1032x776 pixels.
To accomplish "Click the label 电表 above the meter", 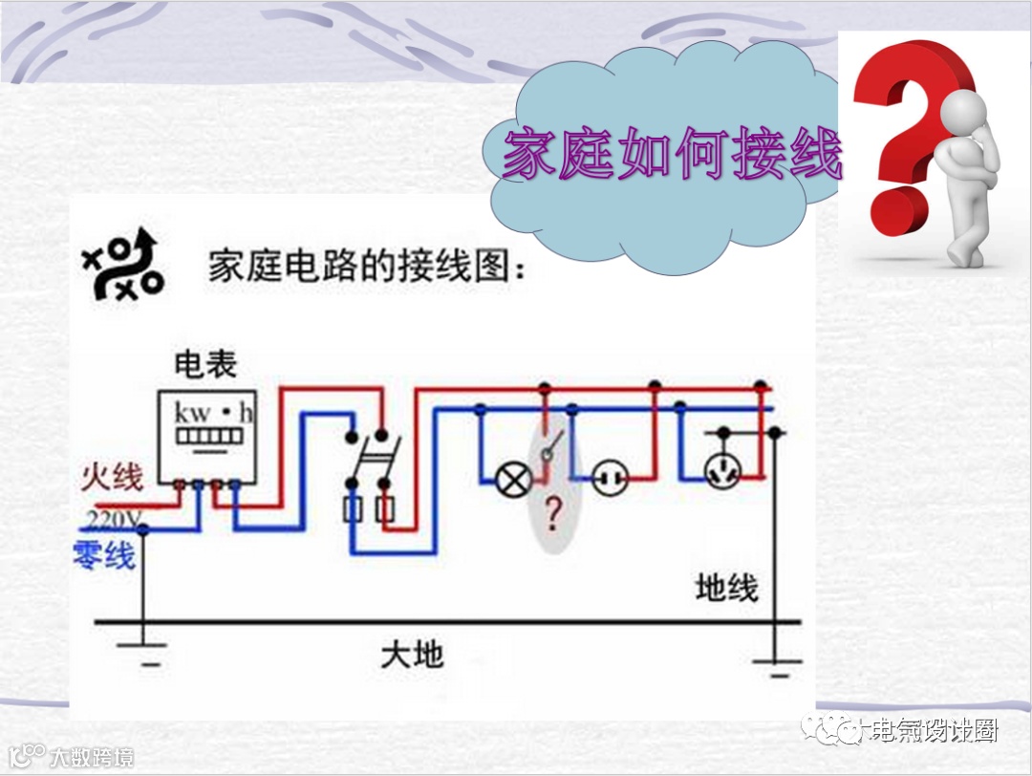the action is point(204,364).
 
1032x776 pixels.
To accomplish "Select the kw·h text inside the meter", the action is point(213,414).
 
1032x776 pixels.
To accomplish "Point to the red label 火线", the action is point(112,475).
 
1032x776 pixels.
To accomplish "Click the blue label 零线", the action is point(104,554).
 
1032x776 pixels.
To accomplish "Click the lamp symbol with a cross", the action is point(515,478).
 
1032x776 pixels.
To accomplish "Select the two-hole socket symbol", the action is point(608,478).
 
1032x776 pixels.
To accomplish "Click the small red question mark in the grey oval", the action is point(552,515).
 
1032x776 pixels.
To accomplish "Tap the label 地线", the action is point(726,589).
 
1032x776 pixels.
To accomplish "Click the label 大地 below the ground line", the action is point(412,656).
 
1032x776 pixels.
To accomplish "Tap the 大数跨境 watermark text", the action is point(91,758).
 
